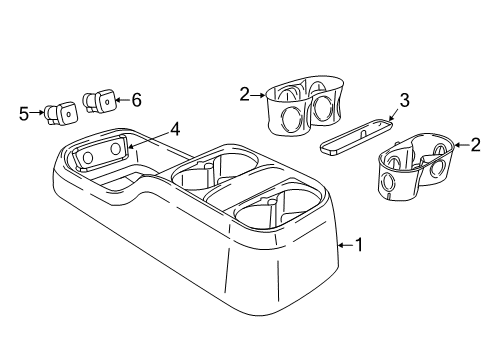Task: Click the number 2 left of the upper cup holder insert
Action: (244, 93)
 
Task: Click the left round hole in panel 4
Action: (88, 157)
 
